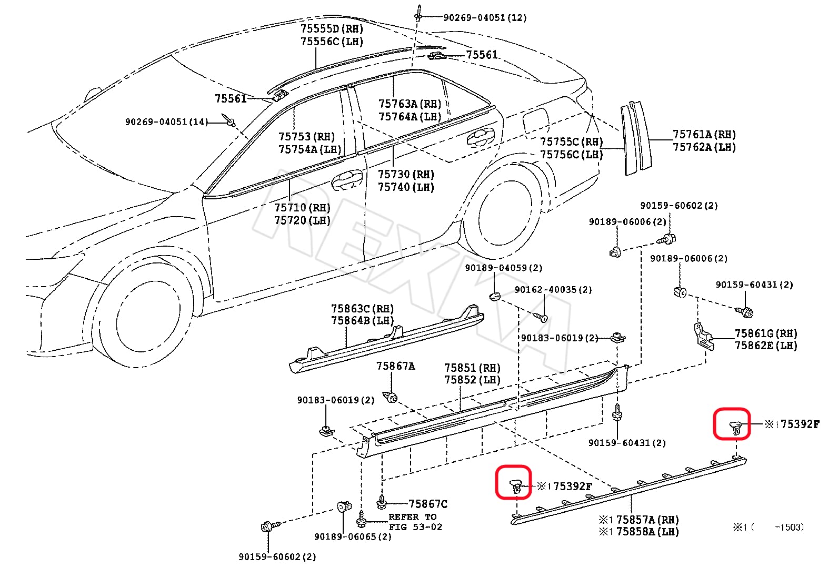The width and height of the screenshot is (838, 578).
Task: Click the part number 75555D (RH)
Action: [332, 29]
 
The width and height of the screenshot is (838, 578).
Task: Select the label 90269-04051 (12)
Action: [484, 18]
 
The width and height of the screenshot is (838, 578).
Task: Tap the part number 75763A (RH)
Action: [410, 104]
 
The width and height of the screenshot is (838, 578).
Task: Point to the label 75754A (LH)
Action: [310, 149]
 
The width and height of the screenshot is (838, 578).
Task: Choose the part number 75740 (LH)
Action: [405, 187]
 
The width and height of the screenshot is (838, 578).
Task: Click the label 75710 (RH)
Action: [302, 208]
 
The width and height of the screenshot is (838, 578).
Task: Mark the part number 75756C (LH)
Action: [571, 155]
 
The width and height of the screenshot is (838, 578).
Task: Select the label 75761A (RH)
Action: [704, 135]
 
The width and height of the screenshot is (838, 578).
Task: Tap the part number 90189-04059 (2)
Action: [503, 268]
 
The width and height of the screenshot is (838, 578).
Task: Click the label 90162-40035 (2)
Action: [553, 290]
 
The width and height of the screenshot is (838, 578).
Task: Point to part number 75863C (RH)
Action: [362, 309]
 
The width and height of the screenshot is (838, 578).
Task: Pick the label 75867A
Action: [395, 366]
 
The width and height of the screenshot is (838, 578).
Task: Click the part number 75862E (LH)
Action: [765, 346]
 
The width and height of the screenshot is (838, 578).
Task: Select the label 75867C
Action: [428, 504]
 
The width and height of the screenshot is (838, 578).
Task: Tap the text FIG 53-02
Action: [415, 527]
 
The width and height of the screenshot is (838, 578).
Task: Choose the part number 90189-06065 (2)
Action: [353, 537]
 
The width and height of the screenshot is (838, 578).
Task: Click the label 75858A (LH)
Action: [647, 532]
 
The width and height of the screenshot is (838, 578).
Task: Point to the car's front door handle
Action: [346, 179]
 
